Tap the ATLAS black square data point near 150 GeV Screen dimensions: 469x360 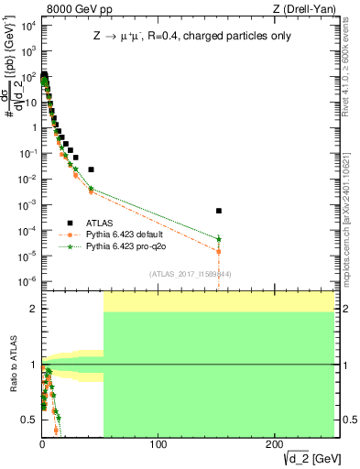pos(219,211)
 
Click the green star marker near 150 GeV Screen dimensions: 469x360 pos(219,239)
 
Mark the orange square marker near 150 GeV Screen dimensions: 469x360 pos(219,251)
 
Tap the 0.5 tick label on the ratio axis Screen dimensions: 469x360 pos(29,420)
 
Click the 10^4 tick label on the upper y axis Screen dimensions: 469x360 pos(27,25)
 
